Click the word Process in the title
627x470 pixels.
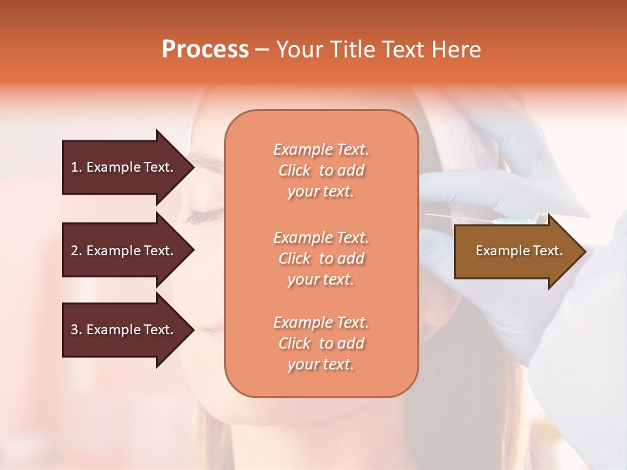(x=205, y=50)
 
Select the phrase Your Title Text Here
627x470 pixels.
(x=378, y=50)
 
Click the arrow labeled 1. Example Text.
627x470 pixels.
(x=124, y=167)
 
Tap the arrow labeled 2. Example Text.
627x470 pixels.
(x=124, y=251)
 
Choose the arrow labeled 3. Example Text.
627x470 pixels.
(x=124, y=330)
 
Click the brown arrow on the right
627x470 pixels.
(x=516, y=251)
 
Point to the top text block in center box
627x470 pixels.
(x=321, y=170)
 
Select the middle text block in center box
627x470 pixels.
(x=321, y=258)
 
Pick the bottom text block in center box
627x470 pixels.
(x=321, y=343)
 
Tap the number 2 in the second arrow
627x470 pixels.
(x=74, y=251)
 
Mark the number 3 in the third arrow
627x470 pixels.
(x=74, y=330)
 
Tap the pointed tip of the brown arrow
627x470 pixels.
(x=585, y=251)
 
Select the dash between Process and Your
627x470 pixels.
(x=263, y=50)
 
